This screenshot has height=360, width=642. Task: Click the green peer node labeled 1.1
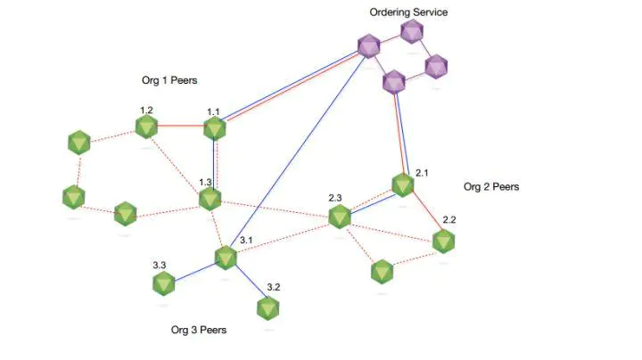tap(215, 128)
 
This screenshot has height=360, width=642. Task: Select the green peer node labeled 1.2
tap(146, 127)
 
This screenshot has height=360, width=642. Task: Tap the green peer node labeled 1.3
tap(210, 200)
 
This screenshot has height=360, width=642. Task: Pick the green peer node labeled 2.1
tap(403, 185)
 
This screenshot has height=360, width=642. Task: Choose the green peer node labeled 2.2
tap(443, 241)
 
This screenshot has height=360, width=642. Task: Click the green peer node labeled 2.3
tap(340, 217)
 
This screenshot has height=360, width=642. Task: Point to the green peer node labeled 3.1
tap(226, 258)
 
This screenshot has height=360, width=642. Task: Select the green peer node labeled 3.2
tap(268, 308)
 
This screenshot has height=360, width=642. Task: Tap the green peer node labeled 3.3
tap(164, 283)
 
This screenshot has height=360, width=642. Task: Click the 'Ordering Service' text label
tap(408, 12)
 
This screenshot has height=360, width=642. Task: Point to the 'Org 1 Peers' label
tap(169, 80)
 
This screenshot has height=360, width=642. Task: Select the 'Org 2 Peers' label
tap(491, 186)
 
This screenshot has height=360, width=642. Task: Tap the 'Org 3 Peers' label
tap(199, 330)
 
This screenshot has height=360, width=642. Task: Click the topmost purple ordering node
tap(412, 31)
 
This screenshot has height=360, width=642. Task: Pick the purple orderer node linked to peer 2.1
tap(394, 82)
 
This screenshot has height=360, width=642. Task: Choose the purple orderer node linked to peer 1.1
tap(368, 45)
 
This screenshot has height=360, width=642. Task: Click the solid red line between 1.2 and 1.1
tap(180, 126)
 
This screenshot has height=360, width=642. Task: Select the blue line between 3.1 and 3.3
tap(195, 272)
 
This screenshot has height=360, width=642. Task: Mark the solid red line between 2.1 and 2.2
tap(427, 209)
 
